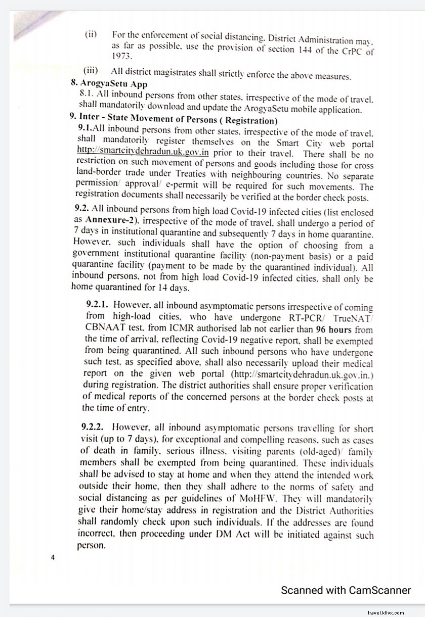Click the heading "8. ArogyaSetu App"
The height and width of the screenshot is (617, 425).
[x=109, y=84]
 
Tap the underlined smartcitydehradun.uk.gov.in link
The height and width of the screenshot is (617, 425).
[x=143, y=150]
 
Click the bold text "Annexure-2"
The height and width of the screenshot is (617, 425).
[x=110, y=219]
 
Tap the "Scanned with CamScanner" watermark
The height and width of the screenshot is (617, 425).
[x=346, y=590]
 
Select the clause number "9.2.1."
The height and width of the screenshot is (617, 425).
[x=98, y=305]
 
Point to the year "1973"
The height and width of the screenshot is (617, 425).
[x=121, y=56]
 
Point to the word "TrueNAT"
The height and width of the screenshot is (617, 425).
[x=350, y=317]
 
